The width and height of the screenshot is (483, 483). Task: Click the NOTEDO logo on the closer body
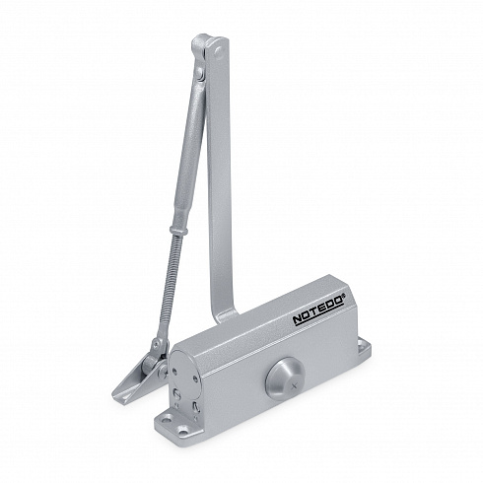pyautogui.click(x=318, y=311)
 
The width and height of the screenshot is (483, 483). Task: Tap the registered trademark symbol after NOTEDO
pyautogui.click(x=343, y=296)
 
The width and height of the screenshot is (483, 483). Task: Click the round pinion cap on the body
pyautogui.click(x=284, y=379)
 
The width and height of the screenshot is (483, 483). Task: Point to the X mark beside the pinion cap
pyautogui.click(x=294, y=386)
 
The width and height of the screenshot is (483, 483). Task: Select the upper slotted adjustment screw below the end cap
pyautogui.click(x=176, y=393)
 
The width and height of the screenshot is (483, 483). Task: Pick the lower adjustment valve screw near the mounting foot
pyautogui.click(x=196, y=407)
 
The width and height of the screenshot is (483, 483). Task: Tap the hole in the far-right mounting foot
pyautogui.click(x=362, y=345)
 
